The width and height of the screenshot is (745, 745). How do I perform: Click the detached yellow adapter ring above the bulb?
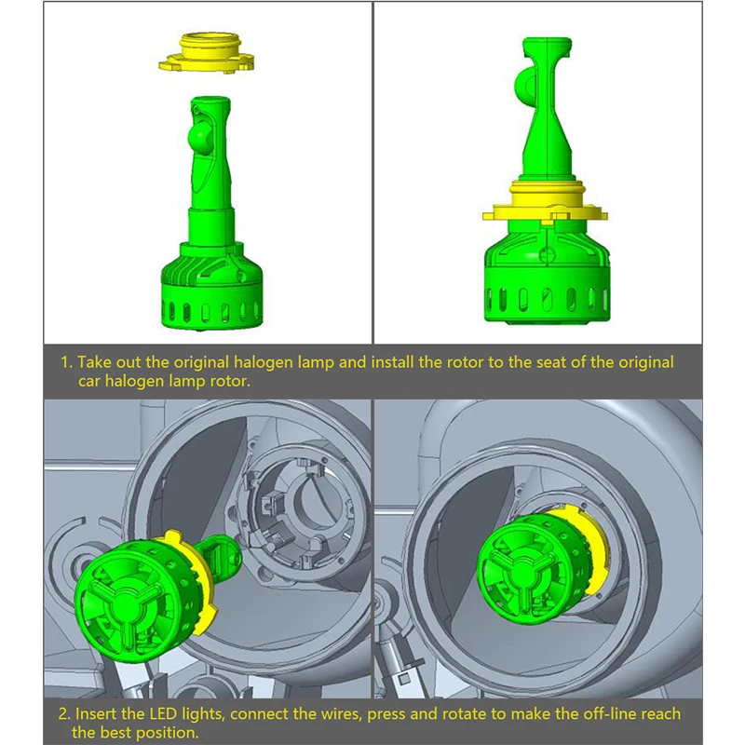tap(207, 53)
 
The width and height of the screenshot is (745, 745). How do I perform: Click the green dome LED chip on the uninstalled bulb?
tap(199, 136)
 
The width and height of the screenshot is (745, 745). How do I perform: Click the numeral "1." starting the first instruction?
tap(67, 362)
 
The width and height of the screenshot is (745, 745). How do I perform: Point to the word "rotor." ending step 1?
tap(230, 381)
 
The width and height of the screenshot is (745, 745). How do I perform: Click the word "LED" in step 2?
tap(164, 713)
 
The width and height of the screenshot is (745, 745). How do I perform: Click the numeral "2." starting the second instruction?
tap(64, 713)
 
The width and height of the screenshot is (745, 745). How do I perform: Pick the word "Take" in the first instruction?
tap(94, 362)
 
